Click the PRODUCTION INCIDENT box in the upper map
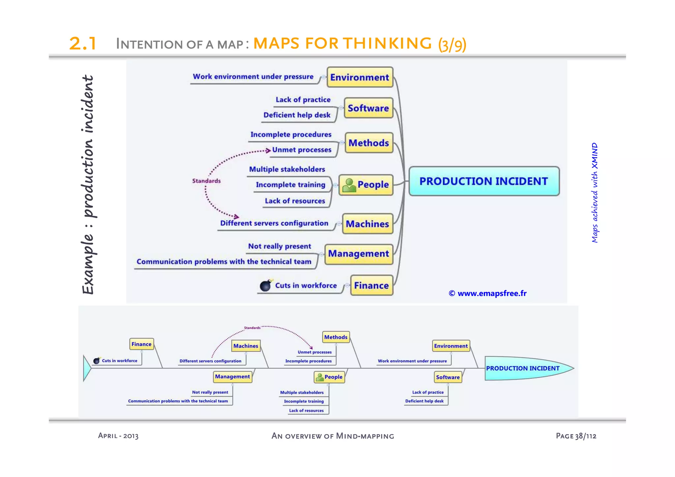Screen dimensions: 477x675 (x=484, y=181)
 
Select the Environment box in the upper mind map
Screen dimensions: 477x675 (x=360, y=77)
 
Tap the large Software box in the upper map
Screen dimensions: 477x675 (x=368, y=108)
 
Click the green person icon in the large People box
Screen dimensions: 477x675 (x=349, y=185)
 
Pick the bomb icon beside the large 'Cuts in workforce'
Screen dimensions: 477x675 (x=266, y=285)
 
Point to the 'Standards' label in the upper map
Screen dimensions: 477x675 (x=206, y=181)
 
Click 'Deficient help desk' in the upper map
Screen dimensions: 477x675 (x=297, y=115)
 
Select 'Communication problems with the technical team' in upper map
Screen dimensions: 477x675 (x=224, y=261)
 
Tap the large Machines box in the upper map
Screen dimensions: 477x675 (x=367, y=224)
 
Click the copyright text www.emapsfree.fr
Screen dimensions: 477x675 (x=487, y=293)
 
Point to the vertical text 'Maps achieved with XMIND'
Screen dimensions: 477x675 (x=594, y=193)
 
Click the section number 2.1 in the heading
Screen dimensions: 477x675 (x=83, y=43)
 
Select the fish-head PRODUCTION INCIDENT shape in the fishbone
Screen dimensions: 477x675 (x=526, y=368)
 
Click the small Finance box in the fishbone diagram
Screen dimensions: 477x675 (x=141, y=344)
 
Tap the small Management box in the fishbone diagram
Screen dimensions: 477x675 (x=232, y=376)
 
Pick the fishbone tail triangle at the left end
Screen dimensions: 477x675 (x=87, y=368)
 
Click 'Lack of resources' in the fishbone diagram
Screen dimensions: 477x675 (x=306, y=410)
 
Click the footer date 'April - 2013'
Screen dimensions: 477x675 (x=118, y=436)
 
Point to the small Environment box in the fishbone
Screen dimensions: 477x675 (x=451, y=346)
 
